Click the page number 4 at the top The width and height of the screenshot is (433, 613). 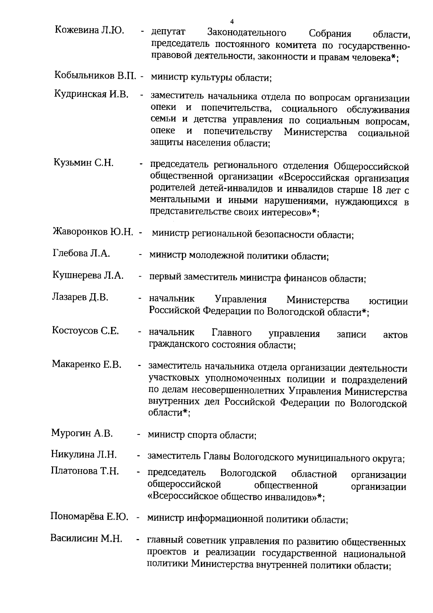click(232, 21)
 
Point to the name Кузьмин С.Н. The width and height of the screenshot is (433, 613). click(84, 163)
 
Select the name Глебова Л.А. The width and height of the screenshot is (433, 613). click(81, 253)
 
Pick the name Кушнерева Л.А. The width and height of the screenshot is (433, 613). click(88, 275)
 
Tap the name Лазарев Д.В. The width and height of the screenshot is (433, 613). click(80, 297)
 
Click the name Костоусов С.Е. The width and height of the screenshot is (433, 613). click(86, 331)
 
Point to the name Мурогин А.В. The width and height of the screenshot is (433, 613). click(82, 433)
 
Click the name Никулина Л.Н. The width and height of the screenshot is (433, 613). click(84, 454)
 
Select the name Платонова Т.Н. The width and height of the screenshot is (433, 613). click(85, 471)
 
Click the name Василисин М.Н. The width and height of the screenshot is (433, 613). click(86, 539)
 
